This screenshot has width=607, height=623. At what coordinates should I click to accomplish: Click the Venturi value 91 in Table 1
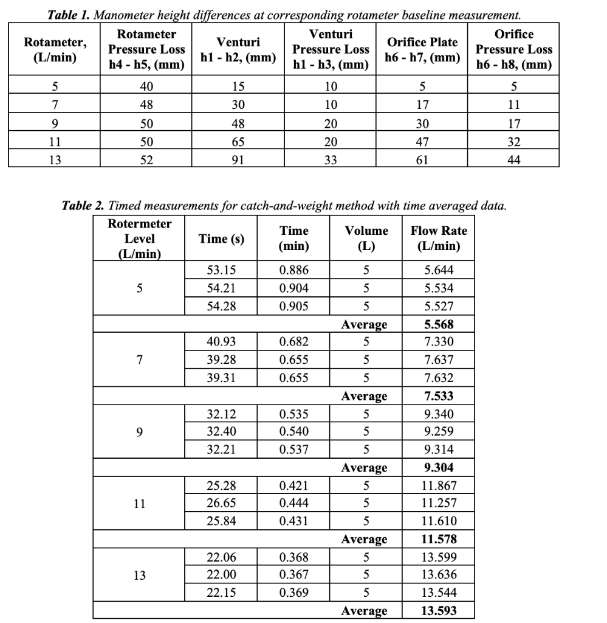point(239,160)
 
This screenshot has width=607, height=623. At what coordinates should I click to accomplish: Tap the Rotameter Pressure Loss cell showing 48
point(146,105)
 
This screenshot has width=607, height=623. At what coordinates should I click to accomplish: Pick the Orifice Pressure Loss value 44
point(513,160)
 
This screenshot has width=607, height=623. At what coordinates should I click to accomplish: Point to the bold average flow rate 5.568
point(439,324)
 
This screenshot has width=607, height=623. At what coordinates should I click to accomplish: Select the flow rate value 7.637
point(439,360)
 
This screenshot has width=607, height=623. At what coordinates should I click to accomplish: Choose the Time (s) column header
point(221,239)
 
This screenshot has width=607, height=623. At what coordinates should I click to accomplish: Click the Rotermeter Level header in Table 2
point(139,239)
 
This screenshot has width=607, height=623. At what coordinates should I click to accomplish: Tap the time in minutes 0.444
point(293,503)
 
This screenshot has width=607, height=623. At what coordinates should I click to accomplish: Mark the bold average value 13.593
point(439,611)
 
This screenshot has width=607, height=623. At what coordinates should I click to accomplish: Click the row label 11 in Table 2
point(139,503)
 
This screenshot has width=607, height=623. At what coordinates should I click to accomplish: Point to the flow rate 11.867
point(439,486)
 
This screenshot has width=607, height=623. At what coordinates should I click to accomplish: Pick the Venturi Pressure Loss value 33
point(331,160)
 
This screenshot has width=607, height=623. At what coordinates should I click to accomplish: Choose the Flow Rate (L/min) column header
point(439,239)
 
